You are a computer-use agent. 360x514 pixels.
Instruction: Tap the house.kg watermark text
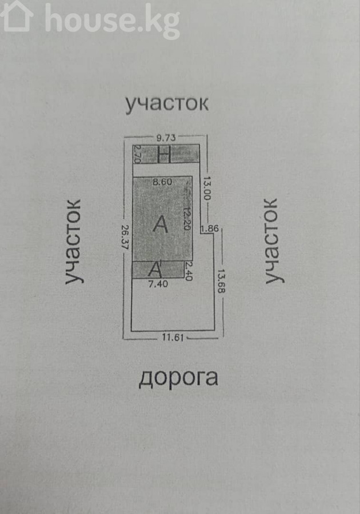(x=112, y=21)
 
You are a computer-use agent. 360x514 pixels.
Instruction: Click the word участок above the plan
(x=167, y=103)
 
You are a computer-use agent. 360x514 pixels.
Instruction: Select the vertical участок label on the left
(x=74, y=241)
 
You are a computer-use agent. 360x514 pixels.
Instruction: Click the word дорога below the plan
(x=178, y=378)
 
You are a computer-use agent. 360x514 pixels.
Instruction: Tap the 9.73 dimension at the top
(x=166, y=137)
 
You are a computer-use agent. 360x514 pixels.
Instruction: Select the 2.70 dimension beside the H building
(x=137, y=154)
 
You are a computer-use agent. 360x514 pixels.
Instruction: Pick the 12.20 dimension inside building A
(x=186, y=218)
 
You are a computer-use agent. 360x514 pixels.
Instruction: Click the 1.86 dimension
(x=209, y=229)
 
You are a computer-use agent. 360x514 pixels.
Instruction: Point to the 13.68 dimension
(x=220, y=280)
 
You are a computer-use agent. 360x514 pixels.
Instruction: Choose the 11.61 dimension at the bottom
(x=172, y=338)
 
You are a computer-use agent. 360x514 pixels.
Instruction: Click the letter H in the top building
(x=164, y=154)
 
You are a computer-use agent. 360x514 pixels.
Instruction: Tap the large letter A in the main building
(x=161, y=224)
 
